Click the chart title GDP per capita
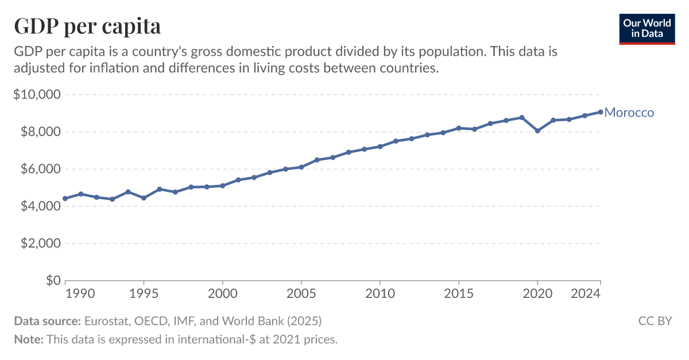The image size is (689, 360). [x=87, y=26]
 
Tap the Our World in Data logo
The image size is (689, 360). [x=646, y=28]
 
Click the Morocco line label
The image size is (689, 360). [x=629, y=113]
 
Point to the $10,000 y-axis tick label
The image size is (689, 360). [x=36, y=94]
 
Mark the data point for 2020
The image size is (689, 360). [x=537, y=131]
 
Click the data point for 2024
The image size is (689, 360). [x=601, y=112]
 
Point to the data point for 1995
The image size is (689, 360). [x=144, y=198]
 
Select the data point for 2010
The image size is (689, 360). [x=380, y=146]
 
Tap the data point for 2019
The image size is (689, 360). [x=522, y=117]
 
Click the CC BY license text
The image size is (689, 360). [x=655, y=321]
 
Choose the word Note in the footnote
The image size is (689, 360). [x=28, y=339]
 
